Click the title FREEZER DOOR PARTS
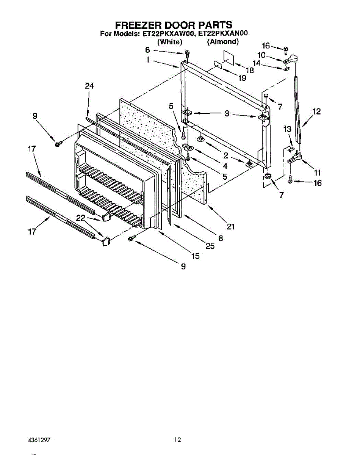click(174, 25)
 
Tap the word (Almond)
click(222, 42)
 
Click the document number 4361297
click(39, 440)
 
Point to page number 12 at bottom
click(178, 440)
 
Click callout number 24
click(89, 86)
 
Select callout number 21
click(230, 227)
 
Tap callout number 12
click(317, 111)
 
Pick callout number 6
click(148, 50)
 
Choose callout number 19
click(243, 78)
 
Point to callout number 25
click(210, 246)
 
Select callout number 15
click(195, 256)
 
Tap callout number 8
click(221, 238)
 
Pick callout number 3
click(227, 113)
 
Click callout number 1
click(148, 60)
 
